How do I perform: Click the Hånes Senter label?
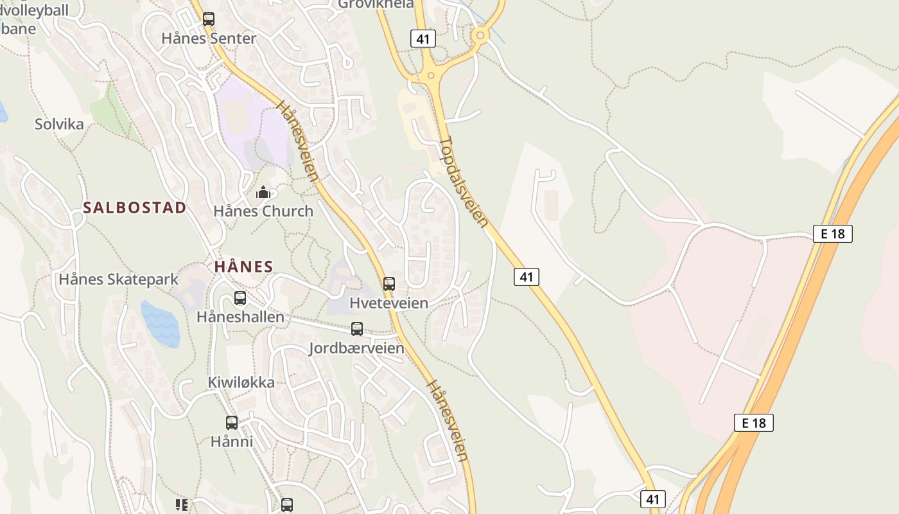tap(209, 39)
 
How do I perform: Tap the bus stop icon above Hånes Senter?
tap(209, 19)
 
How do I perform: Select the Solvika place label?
tap(59, 124)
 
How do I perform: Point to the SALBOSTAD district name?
tap(135, 208)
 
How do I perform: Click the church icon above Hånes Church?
tap(263, 192)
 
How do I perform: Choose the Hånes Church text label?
tap(263, 211)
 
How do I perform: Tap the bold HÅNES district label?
tap(243, 267)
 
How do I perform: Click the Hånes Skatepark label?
tap(119, 279)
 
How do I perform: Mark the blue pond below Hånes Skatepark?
tap(160, 323)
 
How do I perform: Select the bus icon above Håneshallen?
tap(240, 298)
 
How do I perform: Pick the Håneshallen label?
tap(240, 317)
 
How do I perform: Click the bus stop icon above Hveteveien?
tap(389, 284)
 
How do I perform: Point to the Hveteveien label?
tap(389, 303)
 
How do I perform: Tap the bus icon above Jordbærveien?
tap(357, 329)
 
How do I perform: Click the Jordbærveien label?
tap(357, 348)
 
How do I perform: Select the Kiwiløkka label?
tap(241, 383)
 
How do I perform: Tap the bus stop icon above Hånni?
tap(232, 423)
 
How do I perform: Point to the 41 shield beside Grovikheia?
tap(423, 39)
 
